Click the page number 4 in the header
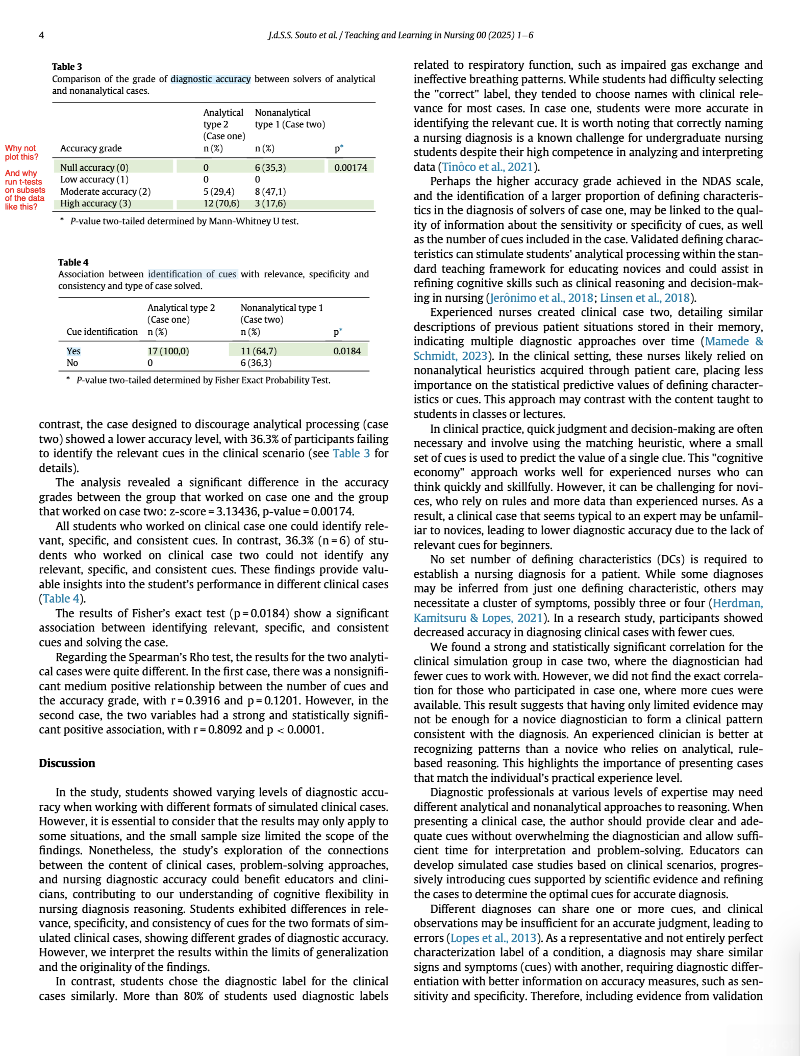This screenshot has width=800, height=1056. coord(41,35)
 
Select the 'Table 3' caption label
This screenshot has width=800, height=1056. coord(67,67)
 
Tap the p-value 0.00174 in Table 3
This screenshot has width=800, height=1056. coord(351,168)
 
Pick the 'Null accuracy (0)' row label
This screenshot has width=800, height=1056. coord(94,168)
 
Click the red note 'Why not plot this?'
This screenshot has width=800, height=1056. coord(21,152)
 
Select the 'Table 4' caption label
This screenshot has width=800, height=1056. coord(73,262)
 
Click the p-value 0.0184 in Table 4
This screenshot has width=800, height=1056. coord(347,351)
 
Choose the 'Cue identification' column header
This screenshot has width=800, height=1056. coord(102,332)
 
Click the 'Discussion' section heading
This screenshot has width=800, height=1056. coord(67,763)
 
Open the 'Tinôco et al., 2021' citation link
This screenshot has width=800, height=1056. coord(488,167)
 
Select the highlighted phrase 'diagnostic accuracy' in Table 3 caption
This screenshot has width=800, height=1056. coord(211,79)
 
